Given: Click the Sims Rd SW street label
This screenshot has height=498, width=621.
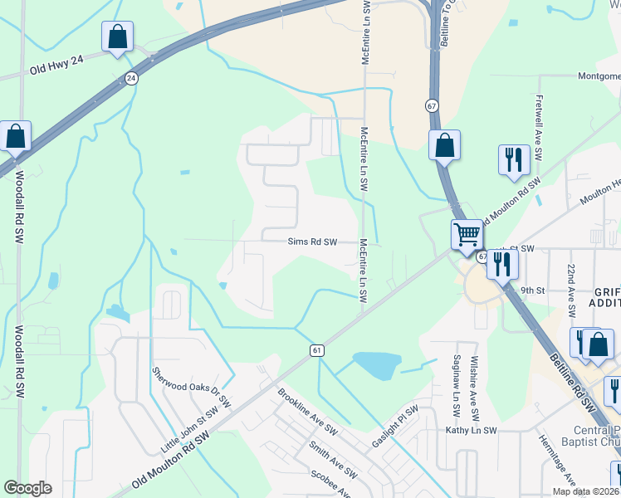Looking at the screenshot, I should [x=312, y=242].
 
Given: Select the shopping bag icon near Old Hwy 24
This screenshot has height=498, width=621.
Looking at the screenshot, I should [x=117, y=37].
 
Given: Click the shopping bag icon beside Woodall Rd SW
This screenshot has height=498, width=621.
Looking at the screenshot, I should [x=15, y=137].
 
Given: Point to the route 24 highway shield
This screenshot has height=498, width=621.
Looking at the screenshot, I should [x=131, y=78].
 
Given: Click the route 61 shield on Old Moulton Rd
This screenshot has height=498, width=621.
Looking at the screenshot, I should [x=317, y=351].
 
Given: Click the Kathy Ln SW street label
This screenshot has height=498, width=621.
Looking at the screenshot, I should [x=471, y=431].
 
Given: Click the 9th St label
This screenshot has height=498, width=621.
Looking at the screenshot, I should [x=532, y=291].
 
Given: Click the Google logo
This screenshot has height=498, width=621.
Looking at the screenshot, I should [x=27, y=488].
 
